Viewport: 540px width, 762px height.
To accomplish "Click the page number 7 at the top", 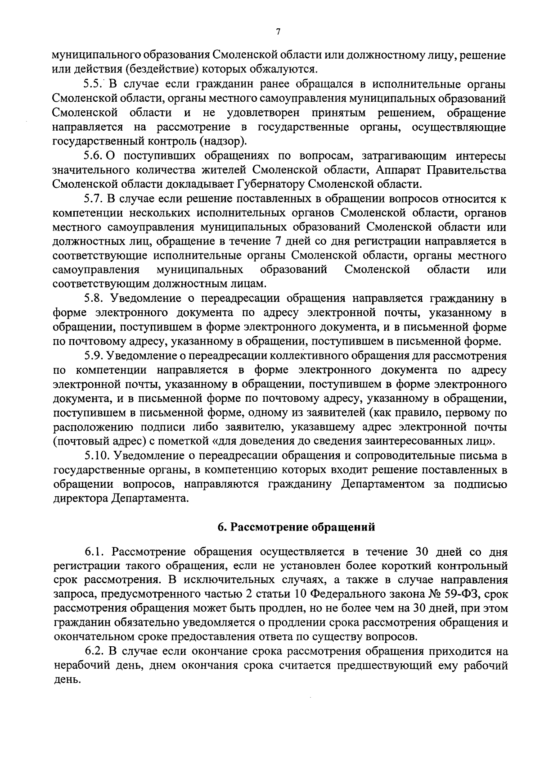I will click(x=278, y=31).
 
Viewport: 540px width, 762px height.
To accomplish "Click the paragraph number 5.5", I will click(x=93, y=84).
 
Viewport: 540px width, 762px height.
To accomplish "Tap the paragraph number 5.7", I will click(x=93, y=199).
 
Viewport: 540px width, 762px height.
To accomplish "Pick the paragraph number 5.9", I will click(x=93, y=355).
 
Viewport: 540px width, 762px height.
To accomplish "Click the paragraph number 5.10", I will click(x=96, y=455).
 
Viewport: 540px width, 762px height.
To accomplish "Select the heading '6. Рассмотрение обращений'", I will click(x=296, y=527).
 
